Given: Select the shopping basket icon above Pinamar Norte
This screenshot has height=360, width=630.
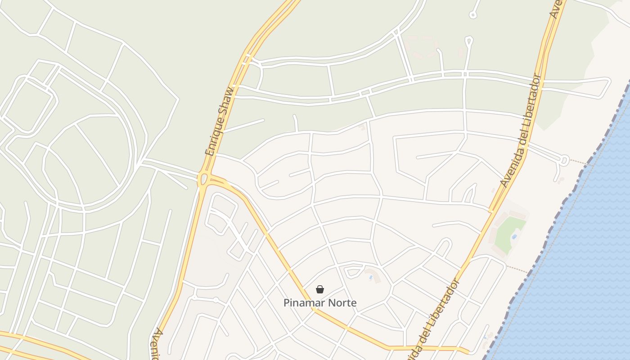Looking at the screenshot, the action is pos(320,289).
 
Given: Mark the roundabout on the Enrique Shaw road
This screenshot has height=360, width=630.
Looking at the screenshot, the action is pos(203,180).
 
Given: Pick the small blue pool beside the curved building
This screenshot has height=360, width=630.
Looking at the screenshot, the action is pos(371,277).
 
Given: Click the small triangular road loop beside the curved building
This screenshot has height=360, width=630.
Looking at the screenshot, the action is pos(353,271).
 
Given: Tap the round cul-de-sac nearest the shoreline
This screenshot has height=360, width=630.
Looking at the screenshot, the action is pos(564,159).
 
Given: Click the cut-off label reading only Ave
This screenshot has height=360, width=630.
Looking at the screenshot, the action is pos(557,8).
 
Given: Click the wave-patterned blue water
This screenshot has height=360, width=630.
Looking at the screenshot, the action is pos(585,270).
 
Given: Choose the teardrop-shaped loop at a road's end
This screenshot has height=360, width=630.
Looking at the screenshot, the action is pos(469,42).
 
